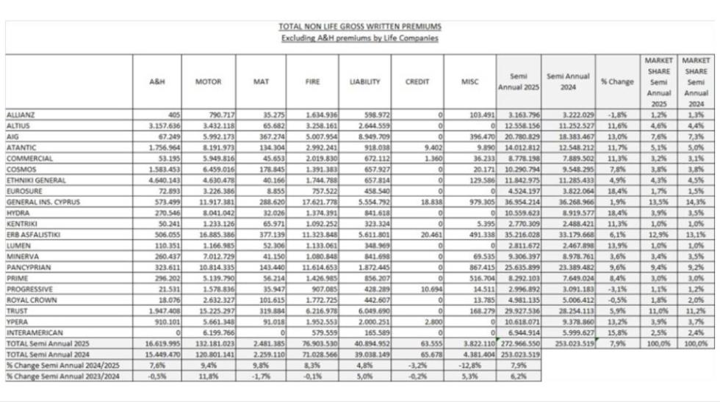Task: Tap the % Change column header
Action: (616, 82)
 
